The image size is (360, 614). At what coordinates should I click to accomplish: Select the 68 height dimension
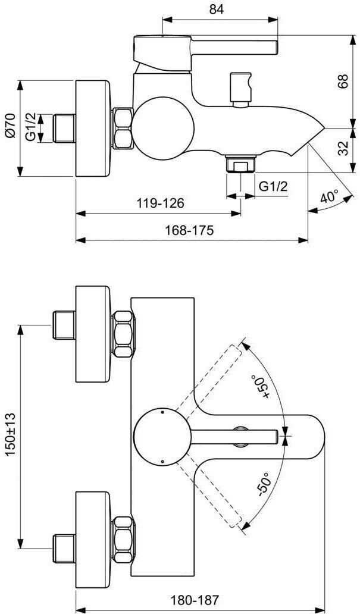coord(343,82)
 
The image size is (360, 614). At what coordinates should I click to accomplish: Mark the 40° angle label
coord(328,197)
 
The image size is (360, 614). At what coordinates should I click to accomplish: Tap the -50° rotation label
coord(262,483)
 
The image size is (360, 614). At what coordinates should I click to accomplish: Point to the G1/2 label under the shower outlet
coord(273,186)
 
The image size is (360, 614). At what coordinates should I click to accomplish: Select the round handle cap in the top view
coord(162,436)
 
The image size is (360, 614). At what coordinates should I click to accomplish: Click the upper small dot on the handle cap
coord(162,412)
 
